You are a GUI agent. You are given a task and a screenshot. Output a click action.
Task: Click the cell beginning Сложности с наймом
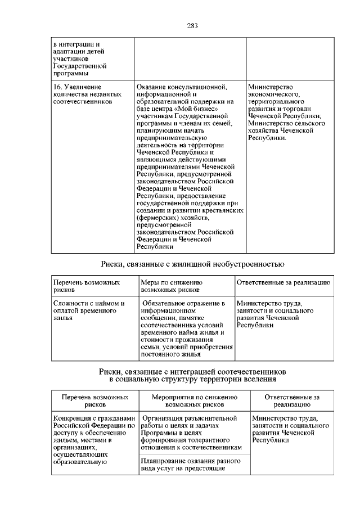[88, 310]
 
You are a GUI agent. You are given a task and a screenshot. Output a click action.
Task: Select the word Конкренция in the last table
[73, 418]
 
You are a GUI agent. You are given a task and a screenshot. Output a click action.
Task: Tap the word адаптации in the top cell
[69, 51]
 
